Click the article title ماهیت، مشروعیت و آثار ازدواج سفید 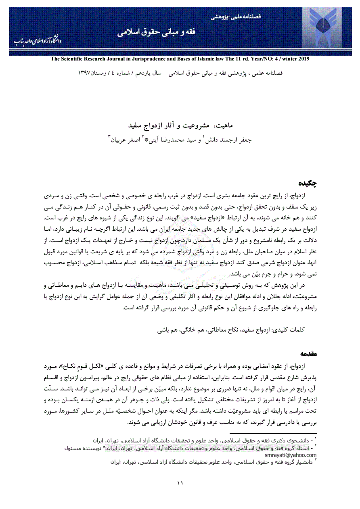(x=180, y=125)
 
